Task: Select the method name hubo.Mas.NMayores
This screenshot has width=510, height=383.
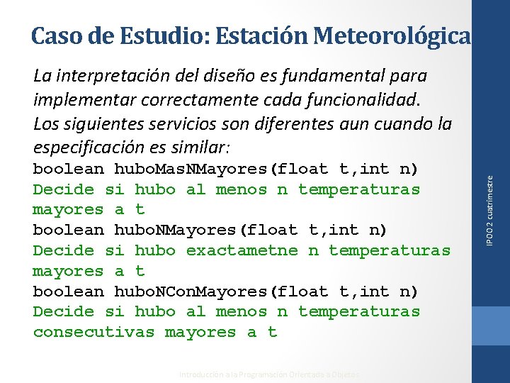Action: click(x=191, y=169)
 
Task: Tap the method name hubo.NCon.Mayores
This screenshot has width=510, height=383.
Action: click(x=191, y=291)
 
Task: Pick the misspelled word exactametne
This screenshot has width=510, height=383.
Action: click(x=242, y=250)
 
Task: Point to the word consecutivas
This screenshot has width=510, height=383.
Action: click(x=93, y=332)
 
